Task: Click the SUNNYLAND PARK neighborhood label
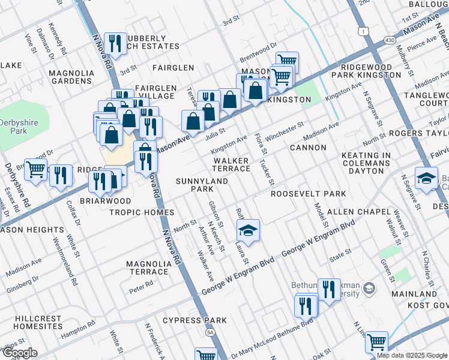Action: point(194,185)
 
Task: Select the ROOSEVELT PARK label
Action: point(308,194)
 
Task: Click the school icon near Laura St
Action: point(246,230)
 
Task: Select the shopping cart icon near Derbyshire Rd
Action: point(35,171)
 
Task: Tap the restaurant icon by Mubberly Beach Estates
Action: point(115,43)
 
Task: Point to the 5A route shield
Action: point(210,331)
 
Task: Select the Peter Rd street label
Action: point(141,287)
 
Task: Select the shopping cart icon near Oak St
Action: point(376,342)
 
